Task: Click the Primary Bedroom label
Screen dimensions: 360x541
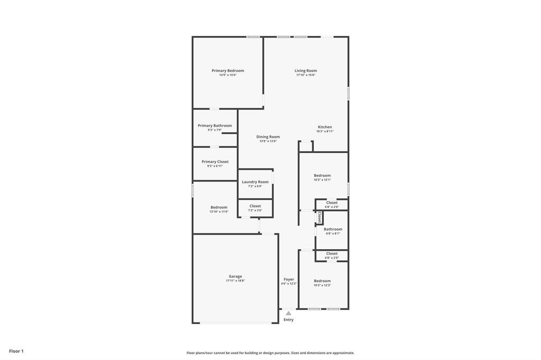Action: (x=228, y=71)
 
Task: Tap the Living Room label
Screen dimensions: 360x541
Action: (x=305, y=71)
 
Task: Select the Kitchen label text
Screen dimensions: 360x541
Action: (x=325, y=127)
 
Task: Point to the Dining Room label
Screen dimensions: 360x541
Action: (x=268, y=137)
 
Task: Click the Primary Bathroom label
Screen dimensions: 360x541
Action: (x=214, y=126)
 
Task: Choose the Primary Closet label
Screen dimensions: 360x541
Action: (x=215, y=162)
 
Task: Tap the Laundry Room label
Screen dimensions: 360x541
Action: (x=255, y=182)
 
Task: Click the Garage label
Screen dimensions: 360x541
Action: (x=235, y=276)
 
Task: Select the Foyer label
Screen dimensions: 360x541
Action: (x=288, y=279)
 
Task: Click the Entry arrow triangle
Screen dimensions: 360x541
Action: (x=288, y=313)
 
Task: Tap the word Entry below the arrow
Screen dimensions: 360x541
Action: (x=288, y=320)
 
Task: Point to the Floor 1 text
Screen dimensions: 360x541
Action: (x=16, y=351)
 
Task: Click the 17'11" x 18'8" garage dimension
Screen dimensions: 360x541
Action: (x=235, y=281)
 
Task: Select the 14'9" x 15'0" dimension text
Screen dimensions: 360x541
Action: (x=228, y=75)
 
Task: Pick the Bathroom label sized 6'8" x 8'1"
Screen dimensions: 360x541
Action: (x=333, y=229)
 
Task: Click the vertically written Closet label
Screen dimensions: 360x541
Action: (x=320, y=217)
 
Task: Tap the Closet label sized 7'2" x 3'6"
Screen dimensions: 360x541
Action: (x=255, y=206)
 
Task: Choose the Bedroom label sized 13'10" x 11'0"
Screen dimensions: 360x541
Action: (x=219, y=207)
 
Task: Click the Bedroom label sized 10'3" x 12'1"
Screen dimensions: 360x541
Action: (x=322, y=175)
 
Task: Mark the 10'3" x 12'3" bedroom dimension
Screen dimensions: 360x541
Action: (x=322, y=286)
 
